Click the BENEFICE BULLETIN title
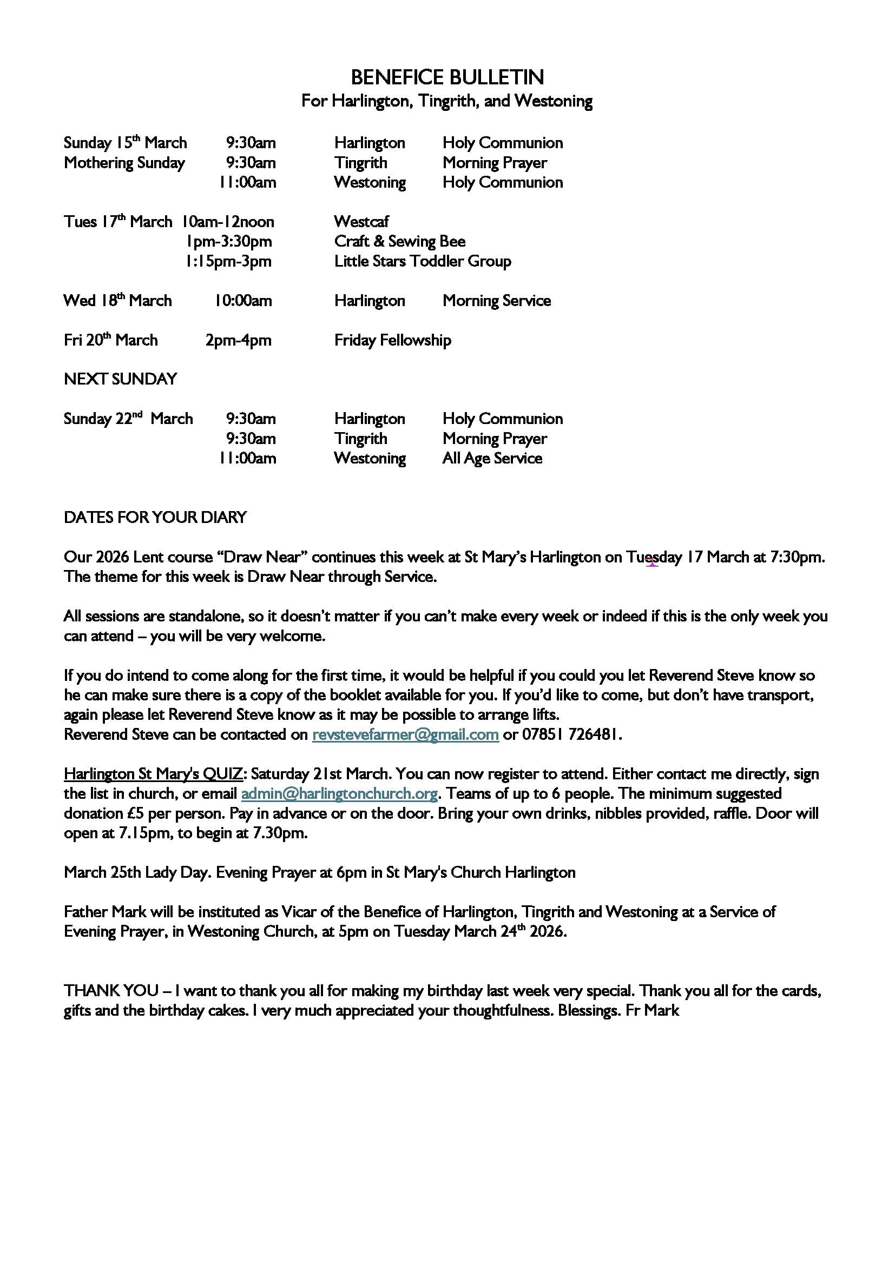coord(447,77)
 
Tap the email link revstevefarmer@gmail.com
coord(405,735)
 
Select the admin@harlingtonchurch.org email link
coord(339,794)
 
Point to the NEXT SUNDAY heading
coord(120,379)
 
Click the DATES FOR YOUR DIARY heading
coord(155,518)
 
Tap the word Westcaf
coord(361,222)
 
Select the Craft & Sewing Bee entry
coord(399,241)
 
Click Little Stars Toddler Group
coord(422,261)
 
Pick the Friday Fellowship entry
coord(392,340)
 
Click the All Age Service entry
coord(491,459)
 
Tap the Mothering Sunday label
coord(124,163)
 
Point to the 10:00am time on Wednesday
coord(243,301)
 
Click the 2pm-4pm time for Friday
coord(238,340)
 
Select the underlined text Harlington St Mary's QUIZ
coord(153,774)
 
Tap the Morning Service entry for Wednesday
coord(496,301)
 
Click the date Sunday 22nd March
coord(128,419)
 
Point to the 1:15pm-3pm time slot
coord(228,261)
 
